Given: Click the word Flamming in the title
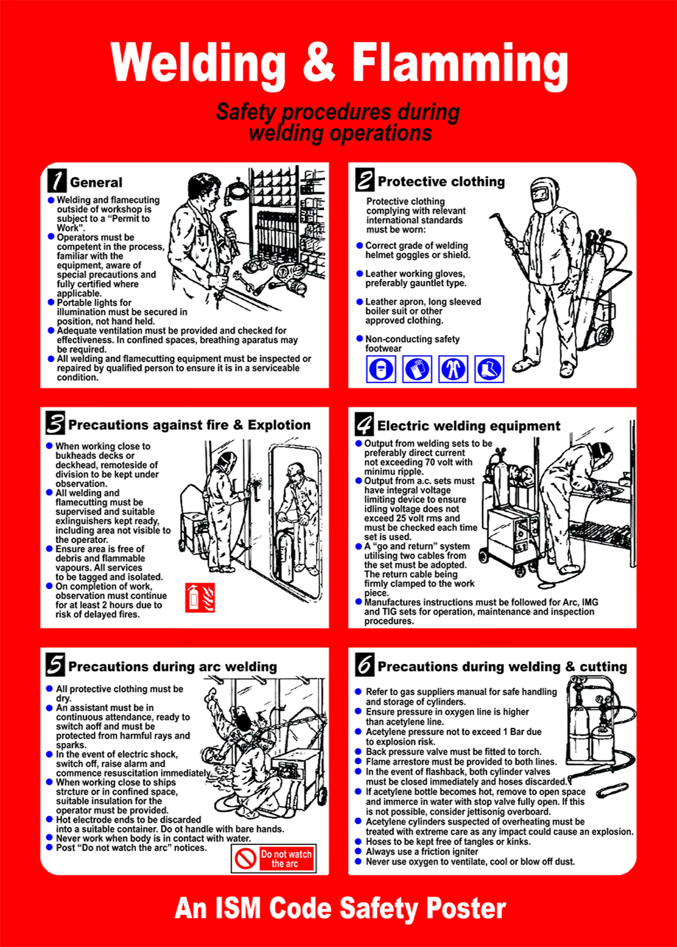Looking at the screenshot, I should point(459,64).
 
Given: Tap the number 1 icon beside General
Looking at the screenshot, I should point(57,180).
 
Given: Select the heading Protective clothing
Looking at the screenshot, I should point(441,181).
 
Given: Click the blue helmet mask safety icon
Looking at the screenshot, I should point(381,369).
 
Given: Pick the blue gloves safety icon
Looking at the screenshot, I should point(417,369).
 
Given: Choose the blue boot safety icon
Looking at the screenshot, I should point(489,369).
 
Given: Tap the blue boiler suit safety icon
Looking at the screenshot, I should point(453,369).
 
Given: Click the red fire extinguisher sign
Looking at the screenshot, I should point(200,597).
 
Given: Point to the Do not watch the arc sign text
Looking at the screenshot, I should point(286,859).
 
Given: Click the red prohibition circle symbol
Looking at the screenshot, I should point(245,859).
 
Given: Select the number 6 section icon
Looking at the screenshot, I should point(364,664).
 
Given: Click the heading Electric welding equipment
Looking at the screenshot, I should point(469,425).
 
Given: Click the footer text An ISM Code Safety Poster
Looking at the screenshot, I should point(340,908).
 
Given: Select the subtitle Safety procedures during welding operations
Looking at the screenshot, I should point(338,122).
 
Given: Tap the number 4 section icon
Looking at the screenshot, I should point(364,424).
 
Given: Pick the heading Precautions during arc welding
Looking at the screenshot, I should point(173,667).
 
